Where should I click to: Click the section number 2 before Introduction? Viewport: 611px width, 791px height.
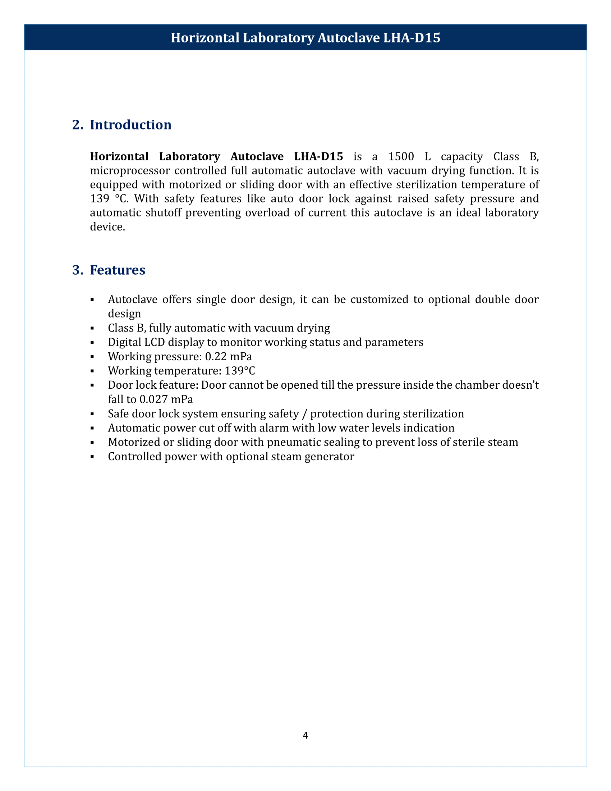77,125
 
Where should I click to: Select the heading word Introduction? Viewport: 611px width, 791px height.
131,125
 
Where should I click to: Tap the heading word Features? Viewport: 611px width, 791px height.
118,270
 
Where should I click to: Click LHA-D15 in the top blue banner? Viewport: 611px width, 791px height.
412,38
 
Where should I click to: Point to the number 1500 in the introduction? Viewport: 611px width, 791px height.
401,156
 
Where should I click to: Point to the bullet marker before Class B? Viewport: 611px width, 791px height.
92,328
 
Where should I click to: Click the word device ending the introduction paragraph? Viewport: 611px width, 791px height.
106,227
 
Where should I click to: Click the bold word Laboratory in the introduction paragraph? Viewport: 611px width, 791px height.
189,156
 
